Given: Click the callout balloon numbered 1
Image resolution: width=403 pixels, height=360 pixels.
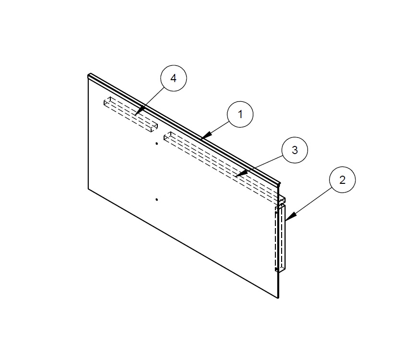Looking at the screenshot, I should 240,114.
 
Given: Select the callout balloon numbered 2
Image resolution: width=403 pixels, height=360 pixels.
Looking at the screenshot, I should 342,180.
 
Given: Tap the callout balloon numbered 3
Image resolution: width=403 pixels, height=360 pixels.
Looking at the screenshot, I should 295,150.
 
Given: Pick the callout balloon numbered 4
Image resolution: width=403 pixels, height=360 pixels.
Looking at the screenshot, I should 174,78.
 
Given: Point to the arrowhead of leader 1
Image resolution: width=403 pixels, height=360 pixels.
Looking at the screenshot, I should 202,138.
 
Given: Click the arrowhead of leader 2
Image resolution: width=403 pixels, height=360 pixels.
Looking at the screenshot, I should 286,220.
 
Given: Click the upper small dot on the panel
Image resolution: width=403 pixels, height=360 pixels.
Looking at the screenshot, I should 157,143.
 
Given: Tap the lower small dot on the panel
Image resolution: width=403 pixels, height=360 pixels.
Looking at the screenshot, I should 157,199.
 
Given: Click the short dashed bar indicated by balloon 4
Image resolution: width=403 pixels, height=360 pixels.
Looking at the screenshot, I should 130,114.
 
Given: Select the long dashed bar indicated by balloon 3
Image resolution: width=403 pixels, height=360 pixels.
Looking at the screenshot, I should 221,163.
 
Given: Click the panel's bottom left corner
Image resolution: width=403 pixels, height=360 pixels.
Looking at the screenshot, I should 89,188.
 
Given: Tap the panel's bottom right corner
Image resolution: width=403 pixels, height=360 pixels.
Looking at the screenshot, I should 278,298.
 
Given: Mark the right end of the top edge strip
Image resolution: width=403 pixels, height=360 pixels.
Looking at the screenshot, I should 278,183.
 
